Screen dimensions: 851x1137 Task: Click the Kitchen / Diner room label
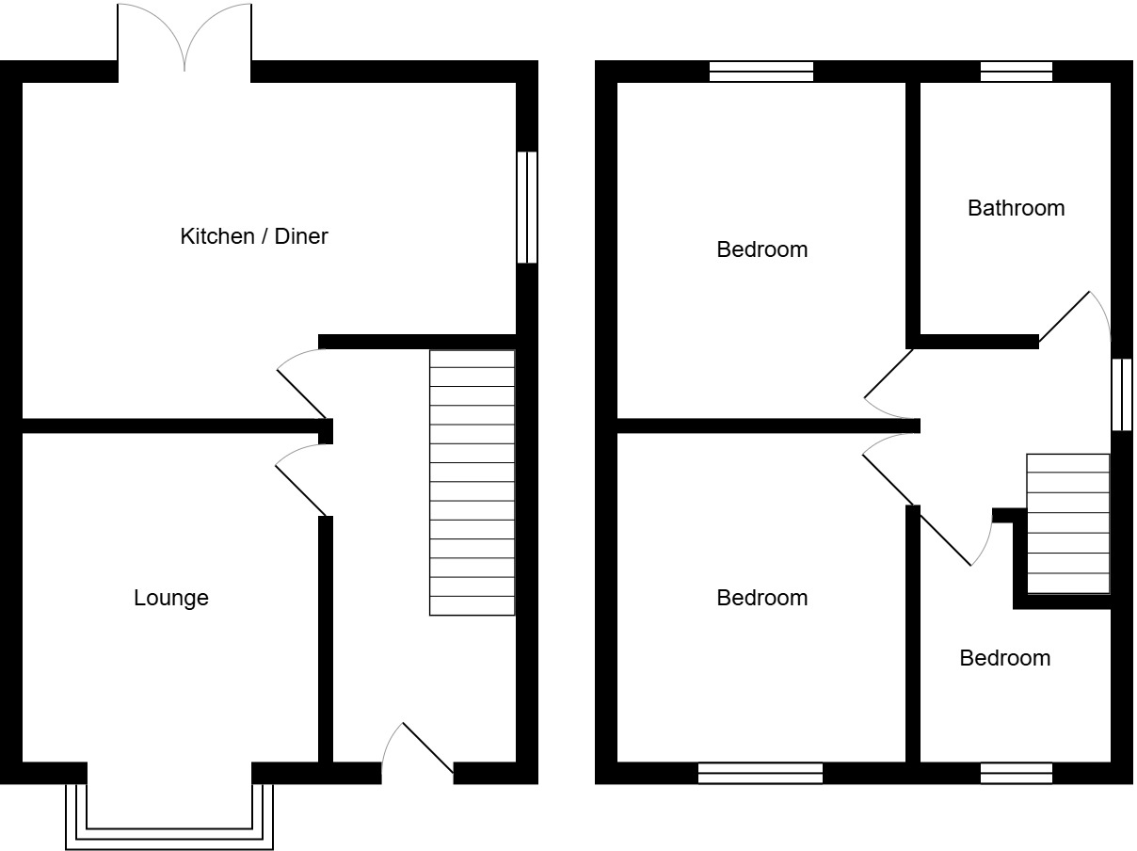coord(253,236)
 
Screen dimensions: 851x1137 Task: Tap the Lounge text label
coord(170,598)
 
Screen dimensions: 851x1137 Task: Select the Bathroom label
coord(1016,208)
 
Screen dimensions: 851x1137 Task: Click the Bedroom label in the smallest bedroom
coord(1004,658)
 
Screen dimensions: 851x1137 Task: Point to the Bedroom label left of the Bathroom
coord(761,249)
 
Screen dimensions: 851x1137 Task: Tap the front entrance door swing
coord(420,753)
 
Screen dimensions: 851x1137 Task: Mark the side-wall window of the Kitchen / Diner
coord(527,207)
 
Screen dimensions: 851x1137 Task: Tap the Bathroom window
coord(1016,72)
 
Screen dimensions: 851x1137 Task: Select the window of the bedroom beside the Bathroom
coord(761,72)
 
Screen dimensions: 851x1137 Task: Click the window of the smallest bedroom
coord(1016,773)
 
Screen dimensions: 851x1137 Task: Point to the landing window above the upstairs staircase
coord(1121,393)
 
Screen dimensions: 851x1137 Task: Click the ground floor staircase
coord(472,482)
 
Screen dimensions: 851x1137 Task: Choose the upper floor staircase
coord(1067,523)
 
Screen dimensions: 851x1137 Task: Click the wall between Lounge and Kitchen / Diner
coord(169,425)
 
